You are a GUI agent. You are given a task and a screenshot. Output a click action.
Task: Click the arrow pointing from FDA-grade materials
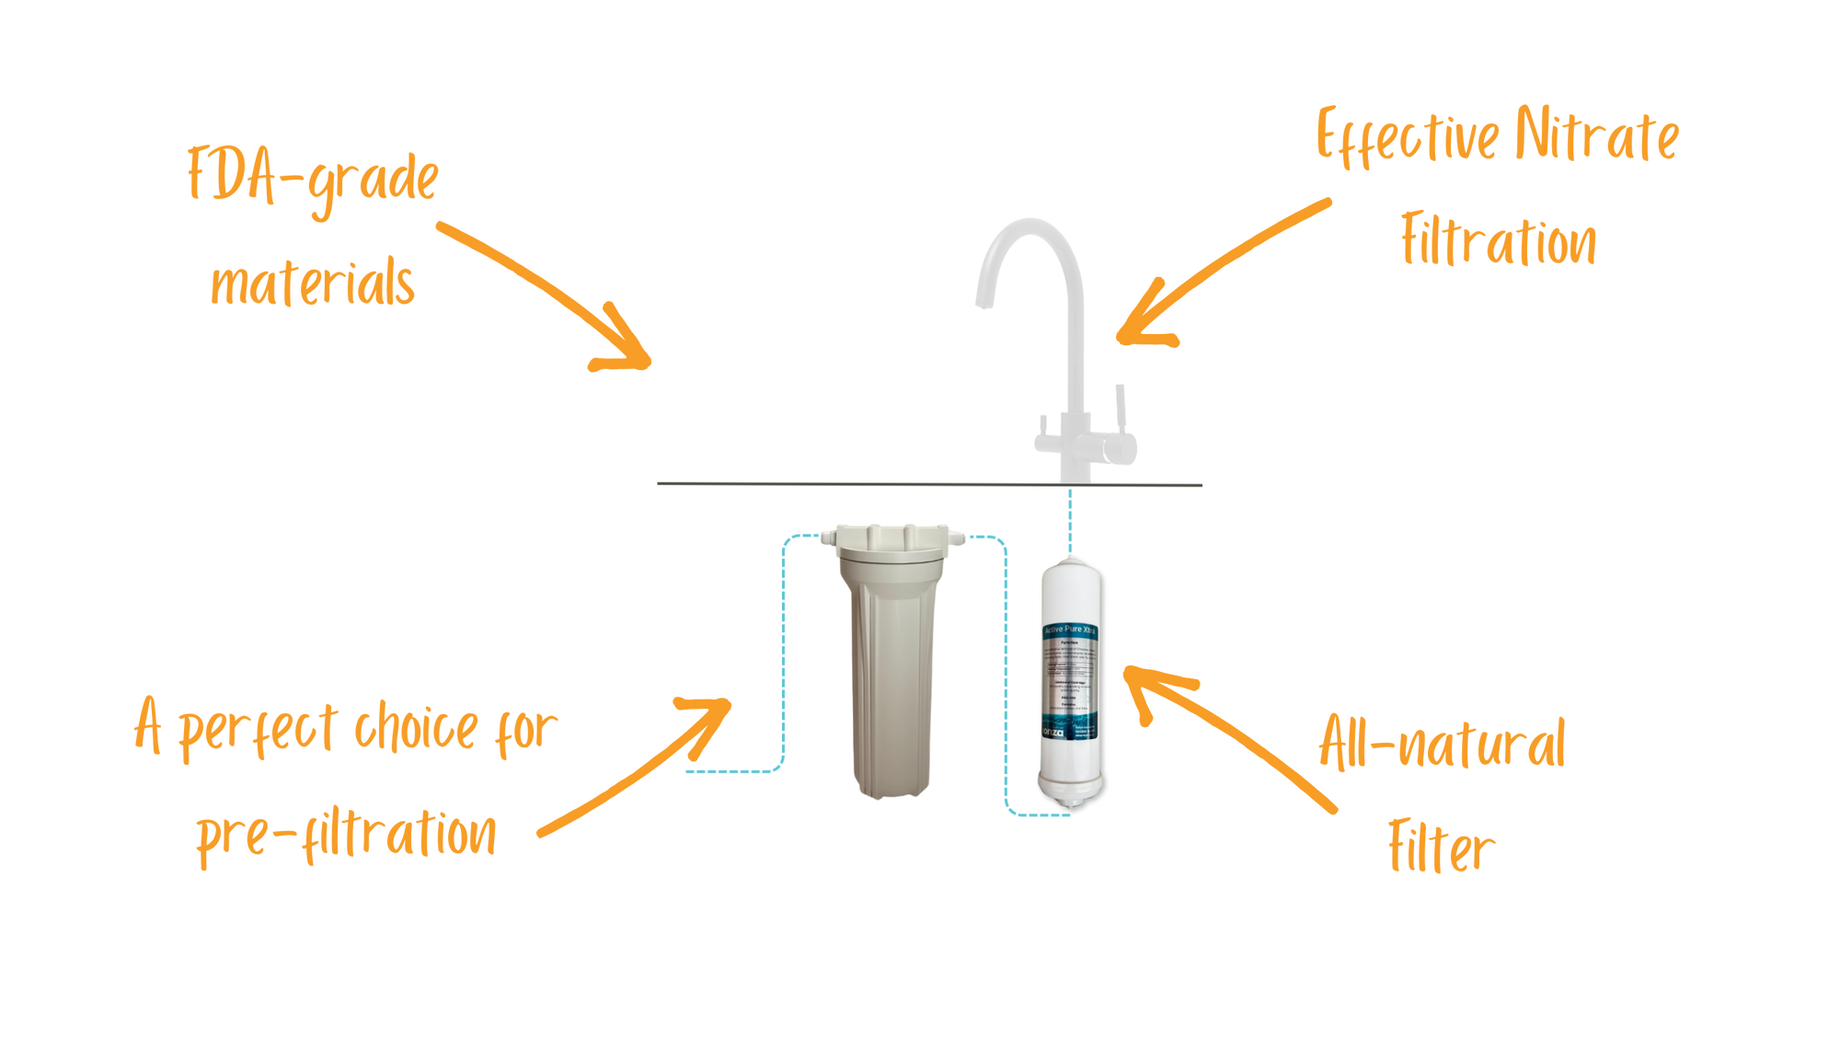pos(552,295)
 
